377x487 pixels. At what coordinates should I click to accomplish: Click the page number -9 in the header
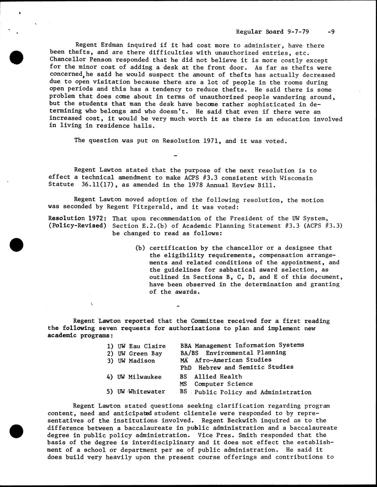tap(331, 32)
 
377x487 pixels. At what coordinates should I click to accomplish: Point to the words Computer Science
tap(223, 384)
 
